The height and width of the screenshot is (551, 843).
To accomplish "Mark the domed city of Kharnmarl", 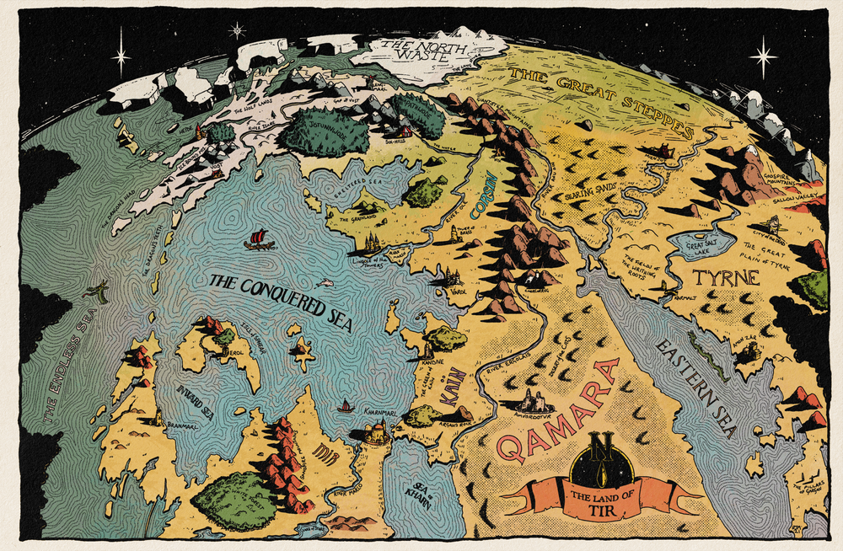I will [x=374, y=434].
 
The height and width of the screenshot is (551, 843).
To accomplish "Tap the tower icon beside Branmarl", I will [x=158, y=417].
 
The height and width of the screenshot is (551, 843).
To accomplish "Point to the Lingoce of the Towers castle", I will [x=371, y=244].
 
